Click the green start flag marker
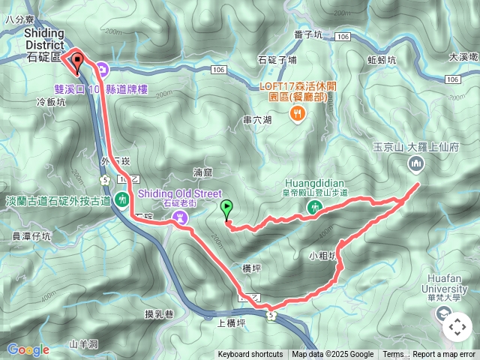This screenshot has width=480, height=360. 227,209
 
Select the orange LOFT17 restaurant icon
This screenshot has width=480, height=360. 298,114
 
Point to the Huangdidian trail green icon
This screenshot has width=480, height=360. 316,206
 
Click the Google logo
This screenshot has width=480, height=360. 28,349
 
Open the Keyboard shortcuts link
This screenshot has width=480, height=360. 250,355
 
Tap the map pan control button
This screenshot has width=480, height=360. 457,327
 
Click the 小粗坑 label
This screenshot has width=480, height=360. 323,254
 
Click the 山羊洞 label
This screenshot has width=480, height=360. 83,344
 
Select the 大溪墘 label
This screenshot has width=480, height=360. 463,56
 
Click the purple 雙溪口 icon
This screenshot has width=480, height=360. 103,72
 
